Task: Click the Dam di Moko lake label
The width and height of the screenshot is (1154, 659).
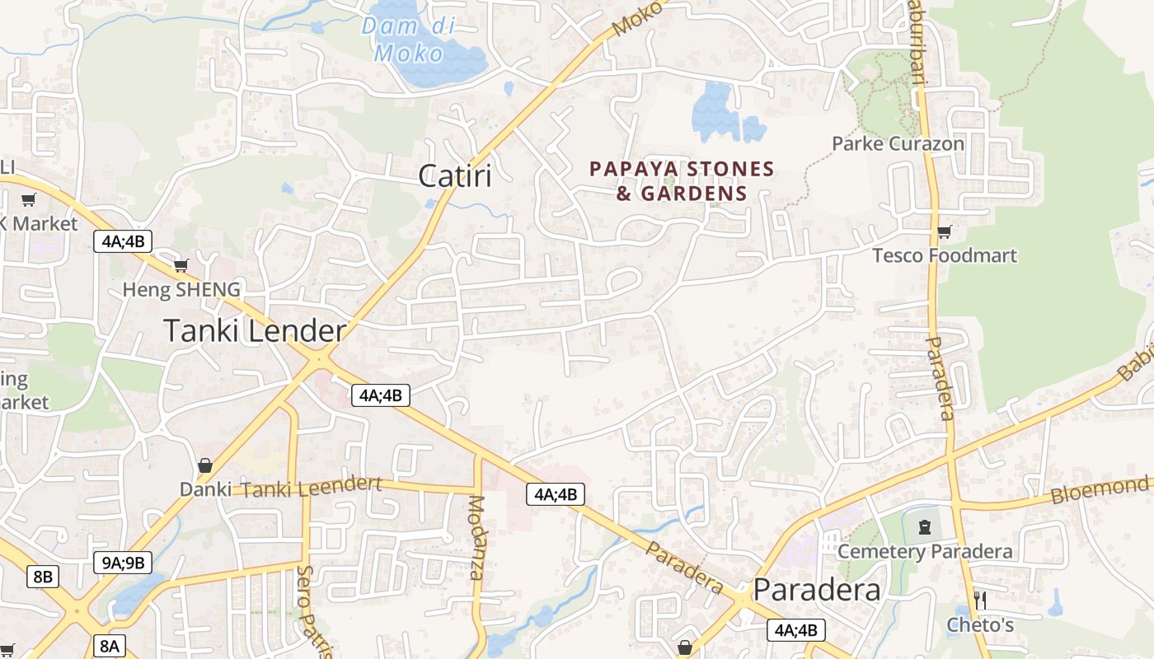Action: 403,40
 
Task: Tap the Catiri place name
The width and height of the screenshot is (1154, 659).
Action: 455,175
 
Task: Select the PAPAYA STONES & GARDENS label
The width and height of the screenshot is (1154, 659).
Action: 682,181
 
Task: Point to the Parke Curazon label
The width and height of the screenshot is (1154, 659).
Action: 898,143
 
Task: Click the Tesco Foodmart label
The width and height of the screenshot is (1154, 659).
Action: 945,255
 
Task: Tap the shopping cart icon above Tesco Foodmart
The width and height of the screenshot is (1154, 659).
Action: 944,232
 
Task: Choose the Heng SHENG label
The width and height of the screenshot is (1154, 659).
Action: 181,289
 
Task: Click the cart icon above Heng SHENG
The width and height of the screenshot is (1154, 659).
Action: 181,266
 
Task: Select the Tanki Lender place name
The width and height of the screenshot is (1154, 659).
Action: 255,331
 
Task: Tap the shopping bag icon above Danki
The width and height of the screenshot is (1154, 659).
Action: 205,466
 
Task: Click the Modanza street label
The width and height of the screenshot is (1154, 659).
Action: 476,538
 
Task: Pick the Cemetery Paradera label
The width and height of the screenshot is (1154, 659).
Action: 925,551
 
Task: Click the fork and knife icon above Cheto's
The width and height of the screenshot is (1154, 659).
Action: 980,600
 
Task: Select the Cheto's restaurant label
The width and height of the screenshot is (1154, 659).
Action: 980,624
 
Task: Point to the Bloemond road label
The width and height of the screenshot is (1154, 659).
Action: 1099,491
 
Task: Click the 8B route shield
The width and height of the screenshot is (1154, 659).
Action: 43,576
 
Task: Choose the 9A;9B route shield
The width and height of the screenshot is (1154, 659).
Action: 123,563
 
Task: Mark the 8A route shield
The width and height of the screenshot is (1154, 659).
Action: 110,645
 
